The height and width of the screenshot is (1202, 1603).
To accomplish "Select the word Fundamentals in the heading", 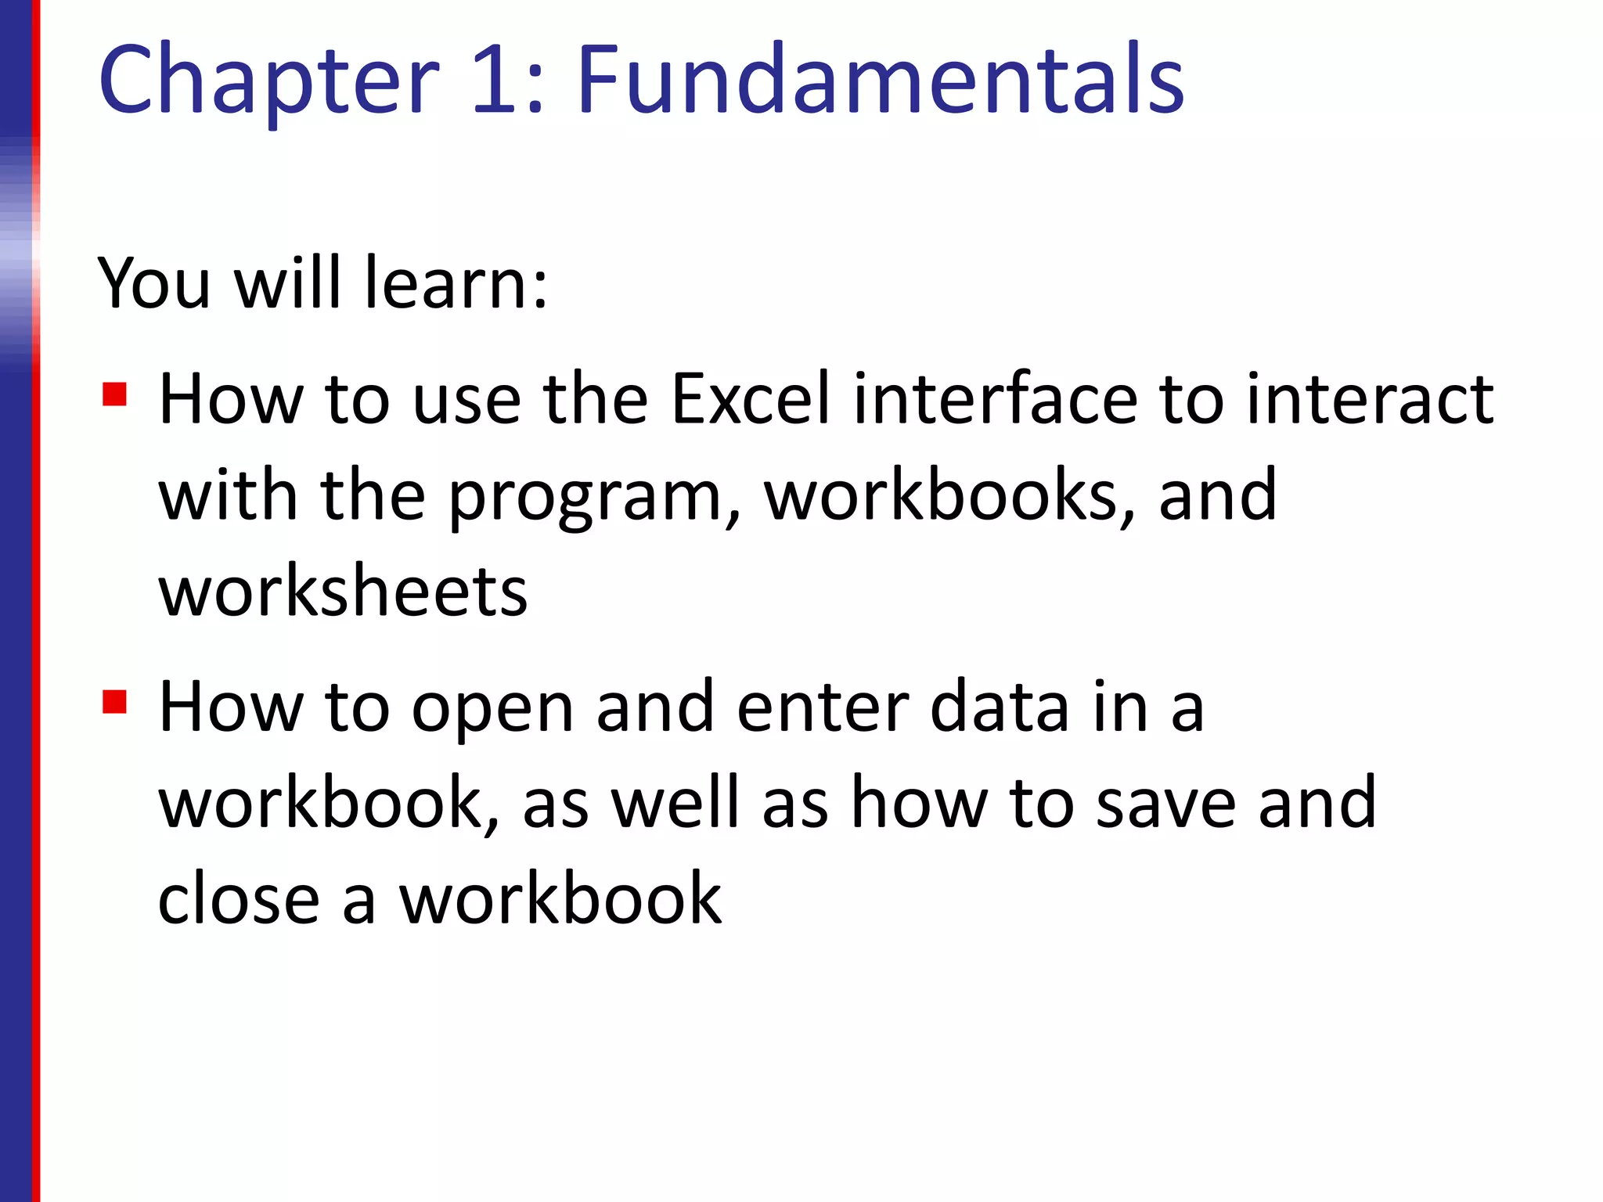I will (881, 81).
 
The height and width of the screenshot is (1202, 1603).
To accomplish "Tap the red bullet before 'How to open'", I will (114, 701).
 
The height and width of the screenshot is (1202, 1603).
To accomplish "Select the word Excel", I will (750, 399).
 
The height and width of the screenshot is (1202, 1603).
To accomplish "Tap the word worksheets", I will (343, 592).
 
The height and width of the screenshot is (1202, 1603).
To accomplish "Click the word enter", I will (823, 707).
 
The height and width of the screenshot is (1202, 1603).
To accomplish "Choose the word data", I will (1000, 707).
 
